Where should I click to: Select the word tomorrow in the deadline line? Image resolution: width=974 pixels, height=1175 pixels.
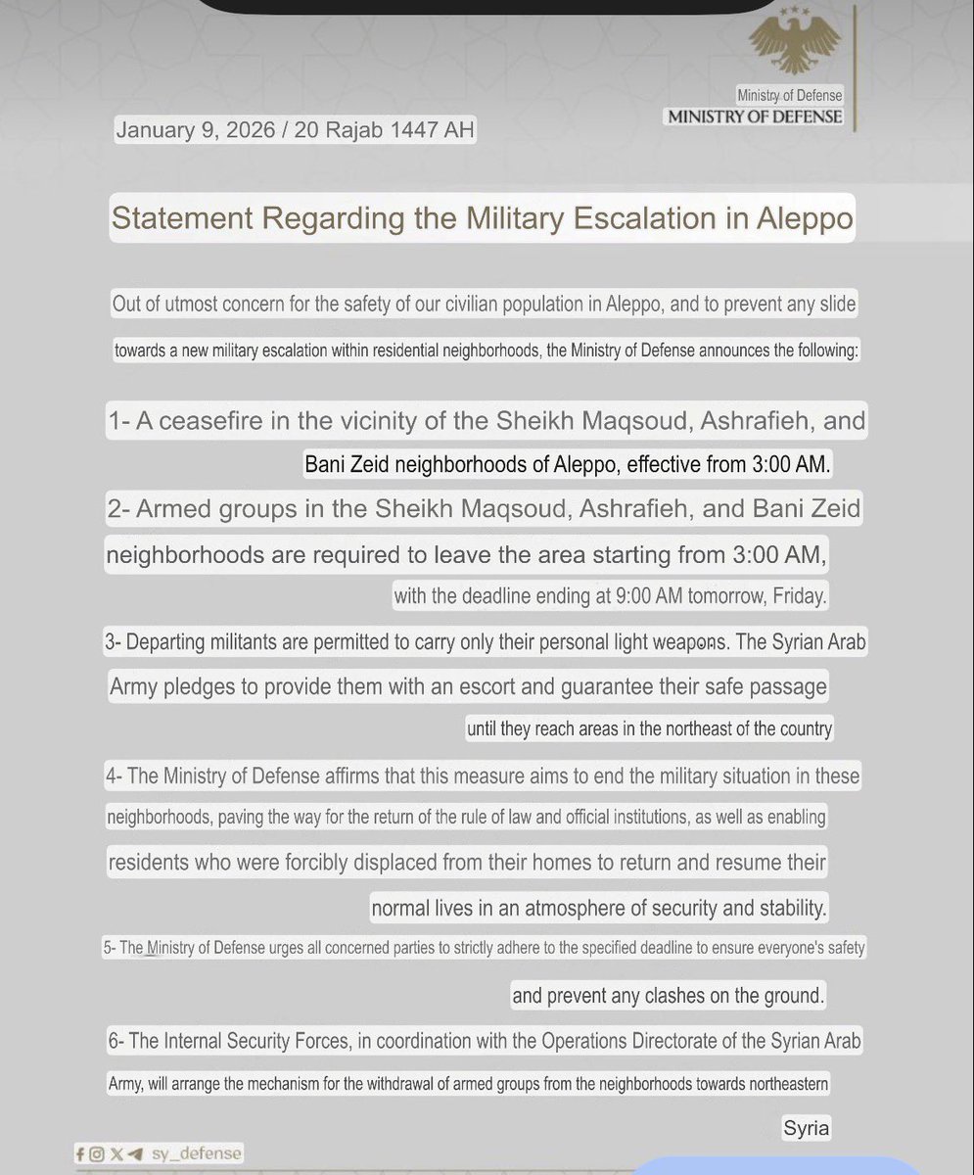point(710,594)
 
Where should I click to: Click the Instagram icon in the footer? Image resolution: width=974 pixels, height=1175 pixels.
point(97,1154)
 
